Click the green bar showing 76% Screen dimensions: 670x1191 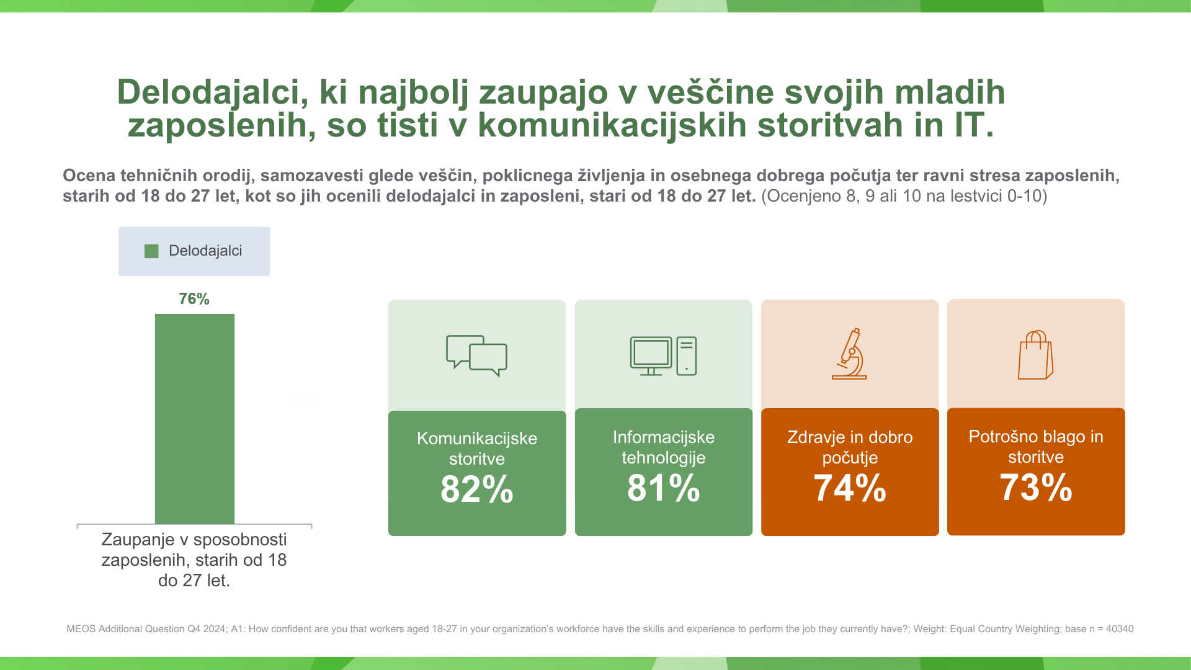[x=195, y=419]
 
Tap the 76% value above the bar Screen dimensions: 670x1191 [x=194, y=299]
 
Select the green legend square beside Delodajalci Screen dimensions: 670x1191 [x=151, y=251]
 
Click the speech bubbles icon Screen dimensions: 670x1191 [x=476, y=355]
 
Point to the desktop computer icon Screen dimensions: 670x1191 [x=663, y=356]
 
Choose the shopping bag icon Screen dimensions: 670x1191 [x=1035, y=355]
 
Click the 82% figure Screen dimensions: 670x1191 [x=477, y=489]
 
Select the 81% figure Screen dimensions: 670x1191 [x=663, y=488]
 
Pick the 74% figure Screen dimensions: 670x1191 [x=849, y=488]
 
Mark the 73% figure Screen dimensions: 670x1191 [x=1035, y=487]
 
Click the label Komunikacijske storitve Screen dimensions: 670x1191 [x=477, y=449]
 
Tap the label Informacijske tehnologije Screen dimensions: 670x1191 [x=663, y=447]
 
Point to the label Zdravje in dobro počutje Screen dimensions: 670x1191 [x=849, y=447]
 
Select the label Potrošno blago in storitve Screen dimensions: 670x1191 [x=1035, y=447]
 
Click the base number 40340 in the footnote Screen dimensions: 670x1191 [x=1119, y=629]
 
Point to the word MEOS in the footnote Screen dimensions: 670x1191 [x=81, y=629]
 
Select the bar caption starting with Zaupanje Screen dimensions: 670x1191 [x=194, y=560]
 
